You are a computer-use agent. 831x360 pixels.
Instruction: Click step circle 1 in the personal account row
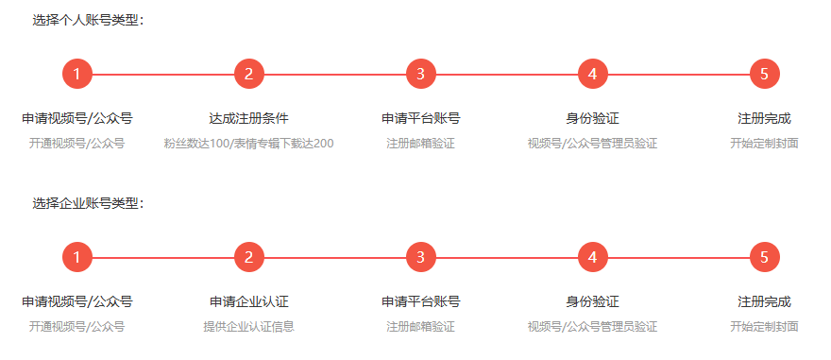(76, 74)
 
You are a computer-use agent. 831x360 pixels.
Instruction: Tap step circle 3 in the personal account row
(420, 74)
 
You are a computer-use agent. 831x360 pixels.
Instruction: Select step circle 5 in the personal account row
(764, 74)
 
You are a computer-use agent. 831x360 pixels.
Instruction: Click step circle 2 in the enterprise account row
(248, 257)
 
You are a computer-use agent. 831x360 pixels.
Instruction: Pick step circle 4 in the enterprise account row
(592, 257)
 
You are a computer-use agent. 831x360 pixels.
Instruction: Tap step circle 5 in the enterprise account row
(764, 257)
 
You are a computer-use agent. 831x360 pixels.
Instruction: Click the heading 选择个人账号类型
(88, 20)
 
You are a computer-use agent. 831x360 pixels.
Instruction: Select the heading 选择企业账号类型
(88, 203)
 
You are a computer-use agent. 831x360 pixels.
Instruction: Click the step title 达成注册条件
(248, 119)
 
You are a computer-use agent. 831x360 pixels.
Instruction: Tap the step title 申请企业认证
(248, 302)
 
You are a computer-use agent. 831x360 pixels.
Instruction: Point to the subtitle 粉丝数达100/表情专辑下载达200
(248, 144)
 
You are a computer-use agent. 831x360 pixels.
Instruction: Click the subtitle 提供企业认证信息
(248, 327)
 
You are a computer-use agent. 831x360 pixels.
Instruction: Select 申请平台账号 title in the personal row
(420, 119)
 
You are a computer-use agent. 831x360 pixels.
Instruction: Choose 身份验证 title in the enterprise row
(592, 302)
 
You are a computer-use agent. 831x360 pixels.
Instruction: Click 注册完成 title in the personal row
(764, 119)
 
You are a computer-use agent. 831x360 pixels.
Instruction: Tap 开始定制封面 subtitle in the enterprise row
(764, 327)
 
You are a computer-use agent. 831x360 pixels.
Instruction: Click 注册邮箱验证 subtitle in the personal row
(420, 144)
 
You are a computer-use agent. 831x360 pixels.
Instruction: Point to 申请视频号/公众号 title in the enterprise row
(76, 302)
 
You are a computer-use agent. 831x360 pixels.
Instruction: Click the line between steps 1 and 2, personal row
(162, 74)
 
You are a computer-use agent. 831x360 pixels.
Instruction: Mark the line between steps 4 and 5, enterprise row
(678, 257)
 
